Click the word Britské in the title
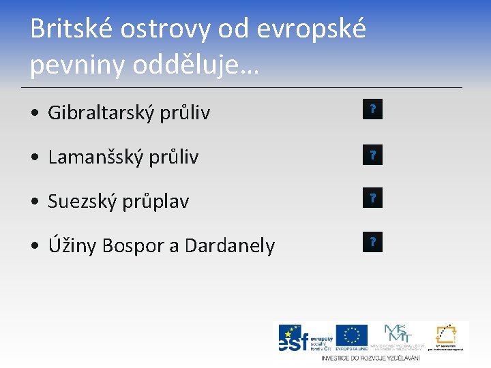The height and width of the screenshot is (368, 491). (72, 29)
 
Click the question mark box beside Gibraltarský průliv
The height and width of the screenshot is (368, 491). (372, 109)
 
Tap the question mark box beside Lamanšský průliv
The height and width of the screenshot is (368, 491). (372, 155)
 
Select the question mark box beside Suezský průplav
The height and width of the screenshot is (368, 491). (372, 198)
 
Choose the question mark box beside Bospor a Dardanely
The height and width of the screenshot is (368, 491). (372, 242)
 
